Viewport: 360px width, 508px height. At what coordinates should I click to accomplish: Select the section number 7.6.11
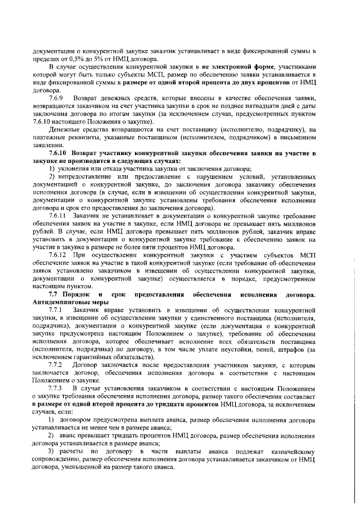[x=58, y=216]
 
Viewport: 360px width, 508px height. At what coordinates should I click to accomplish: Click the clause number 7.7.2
[x=57, y=366]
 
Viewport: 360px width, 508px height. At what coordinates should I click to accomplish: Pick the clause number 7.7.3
[x=57, y=389]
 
